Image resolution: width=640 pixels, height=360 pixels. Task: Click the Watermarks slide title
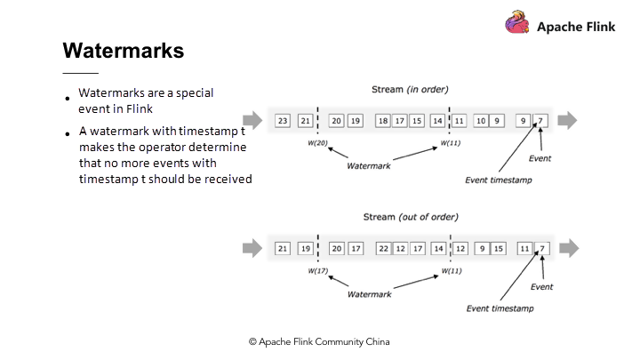pyautogui.click(x=124, y=51)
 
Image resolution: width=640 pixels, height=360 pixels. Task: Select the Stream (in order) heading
pyautogui.click(x=410, y=89)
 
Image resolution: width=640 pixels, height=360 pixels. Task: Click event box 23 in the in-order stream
pyautogui.click(x=283, y=120)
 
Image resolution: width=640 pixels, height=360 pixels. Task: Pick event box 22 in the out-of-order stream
pyautogui.click(x=384, y=249)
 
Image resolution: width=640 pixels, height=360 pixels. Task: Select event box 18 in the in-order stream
pyautogui.click(x=384, y=120)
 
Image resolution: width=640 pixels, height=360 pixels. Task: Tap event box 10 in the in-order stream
pyautogui.click(x=480, y=120)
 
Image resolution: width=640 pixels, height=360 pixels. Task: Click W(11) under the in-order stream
pyautogui.click(x=452, y=142)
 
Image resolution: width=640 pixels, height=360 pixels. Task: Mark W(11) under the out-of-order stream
pyautogui.click(x=452, y=270)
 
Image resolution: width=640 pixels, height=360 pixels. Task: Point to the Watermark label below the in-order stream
pyautogui.click(x=369, y=164)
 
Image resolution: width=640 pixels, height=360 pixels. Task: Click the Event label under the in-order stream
pyautogui.click(x=540, y=158)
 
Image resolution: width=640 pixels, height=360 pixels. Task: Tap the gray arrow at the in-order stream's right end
pyautogui.click(x=568, y=120)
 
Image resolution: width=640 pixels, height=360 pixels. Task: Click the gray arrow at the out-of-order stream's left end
pyautogui.click(x=252, y=248)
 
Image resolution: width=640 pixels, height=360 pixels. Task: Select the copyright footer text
pyautogui.click(x=319, y=341)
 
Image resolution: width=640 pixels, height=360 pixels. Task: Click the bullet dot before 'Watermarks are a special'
pyautogui.click(x=67, y=99)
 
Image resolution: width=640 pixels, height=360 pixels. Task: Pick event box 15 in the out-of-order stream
pyautogui.click(x=499, y=249)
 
